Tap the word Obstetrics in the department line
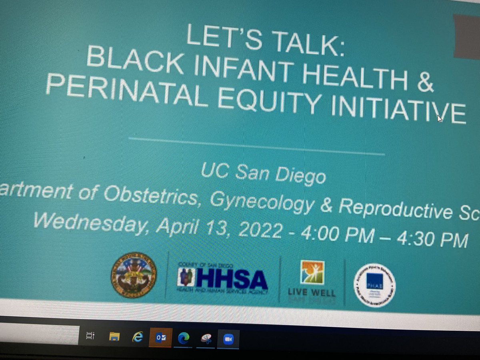(152, 195)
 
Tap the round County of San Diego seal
(134, 275)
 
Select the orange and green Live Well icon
(312, 272)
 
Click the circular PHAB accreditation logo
(374, 285)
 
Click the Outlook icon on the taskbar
(160, 338)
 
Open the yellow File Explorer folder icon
(114, 337)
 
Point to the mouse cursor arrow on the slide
(440, 118)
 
